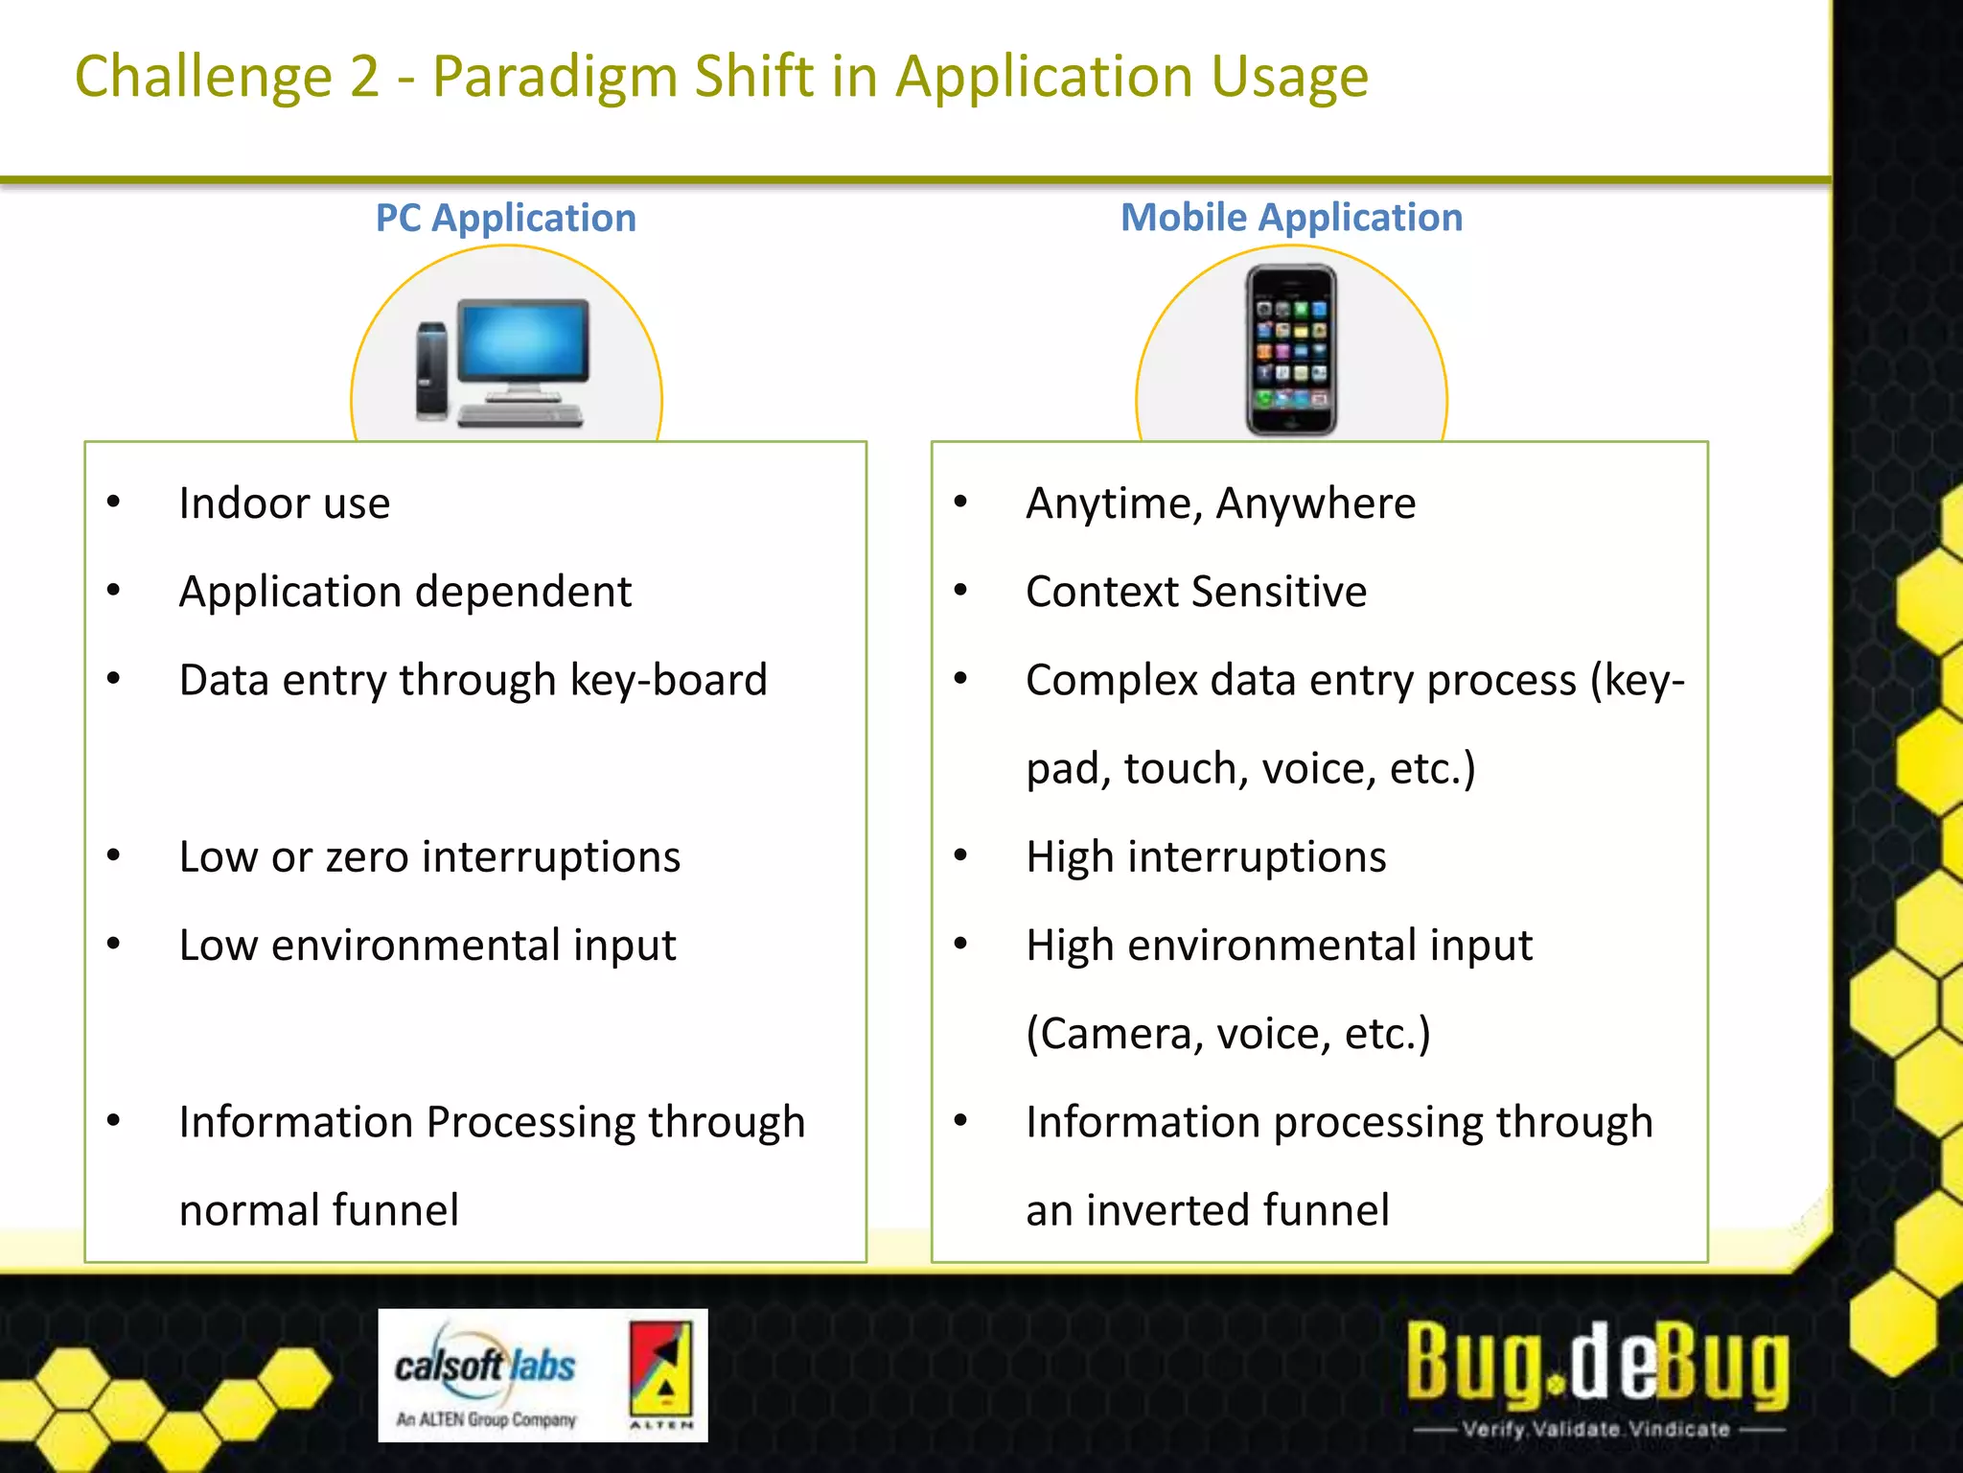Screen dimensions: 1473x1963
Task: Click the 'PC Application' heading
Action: tap(505, 219)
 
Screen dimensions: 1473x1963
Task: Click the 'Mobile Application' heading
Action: tap(1291, 218)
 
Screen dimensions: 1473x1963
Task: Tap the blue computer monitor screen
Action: tap(522, 339)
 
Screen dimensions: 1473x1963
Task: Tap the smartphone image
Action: tap(1291, 351)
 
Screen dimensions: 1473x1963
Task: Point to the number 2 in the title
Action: tap(364, 77)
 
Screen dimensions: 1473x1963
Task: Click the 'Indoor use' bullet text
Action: tap(285, 503)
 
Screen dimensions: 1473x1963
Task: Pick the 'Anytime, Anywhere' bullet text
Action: tap(1220, 503)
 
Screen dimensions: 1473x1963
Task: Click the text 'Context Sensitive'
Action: tap(1195, 592)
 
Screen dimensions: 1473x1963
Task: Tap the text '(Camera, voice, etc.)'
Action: tap(1228, 1034)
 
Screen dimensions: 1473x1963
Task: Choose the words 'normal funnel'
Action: tap(319, 1210)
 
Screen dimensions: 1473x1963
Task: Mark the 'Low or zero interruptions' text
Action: tap(429, 857)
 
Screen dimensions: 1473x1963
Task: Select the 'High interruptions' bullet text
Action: tap(1206, 857)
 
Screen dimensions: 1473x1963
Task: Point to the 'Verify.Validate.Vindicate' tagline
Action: tap(1597, 1429)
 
